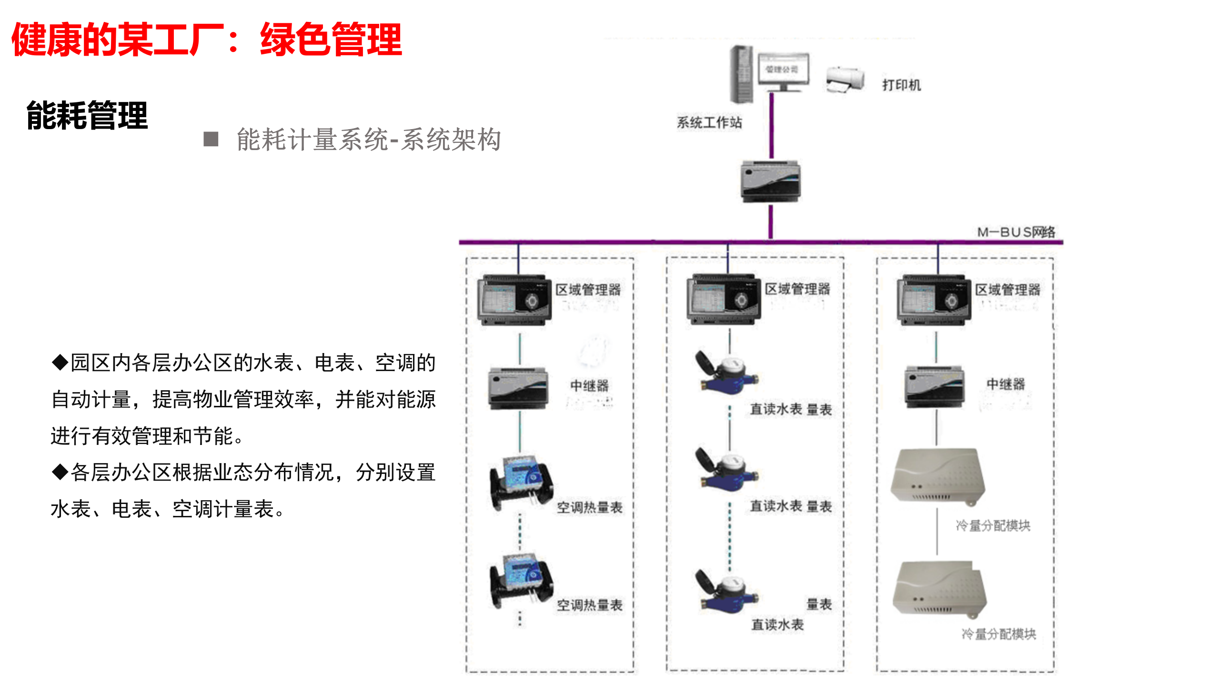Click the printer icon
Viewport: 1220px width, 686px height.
pos(845,80)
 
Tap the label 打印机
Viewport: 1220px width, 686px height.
pos(901,85)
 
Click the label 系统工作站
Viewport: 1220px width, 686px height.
pos(709,122)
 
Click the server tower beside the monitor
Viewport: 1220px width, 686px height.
pos(742,74)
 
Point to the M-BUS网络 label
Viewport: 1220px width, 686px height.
pos(1016,232)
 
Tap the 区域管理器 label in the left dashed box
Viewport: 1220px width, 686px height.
pos(588,290)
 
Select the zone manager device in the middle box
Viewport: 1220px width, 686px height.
pos(723,300)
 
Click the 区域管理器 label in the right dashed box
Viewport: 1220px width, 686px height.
pos(1007,290)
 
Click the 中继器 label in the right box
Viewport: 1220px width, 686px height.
pos(1005,384)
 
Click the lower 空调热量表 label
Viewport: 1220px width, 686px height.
pos(589,605)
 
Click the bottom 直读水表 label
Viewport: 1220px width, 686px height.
pos(777,624)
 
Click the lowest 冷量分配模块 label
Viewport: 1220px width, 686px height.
pos(998,634)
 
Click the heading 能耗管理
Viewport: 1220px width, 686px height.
pos(87,116)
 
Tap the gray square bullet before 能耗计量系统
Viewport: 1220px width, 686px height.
pos(211,139)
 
